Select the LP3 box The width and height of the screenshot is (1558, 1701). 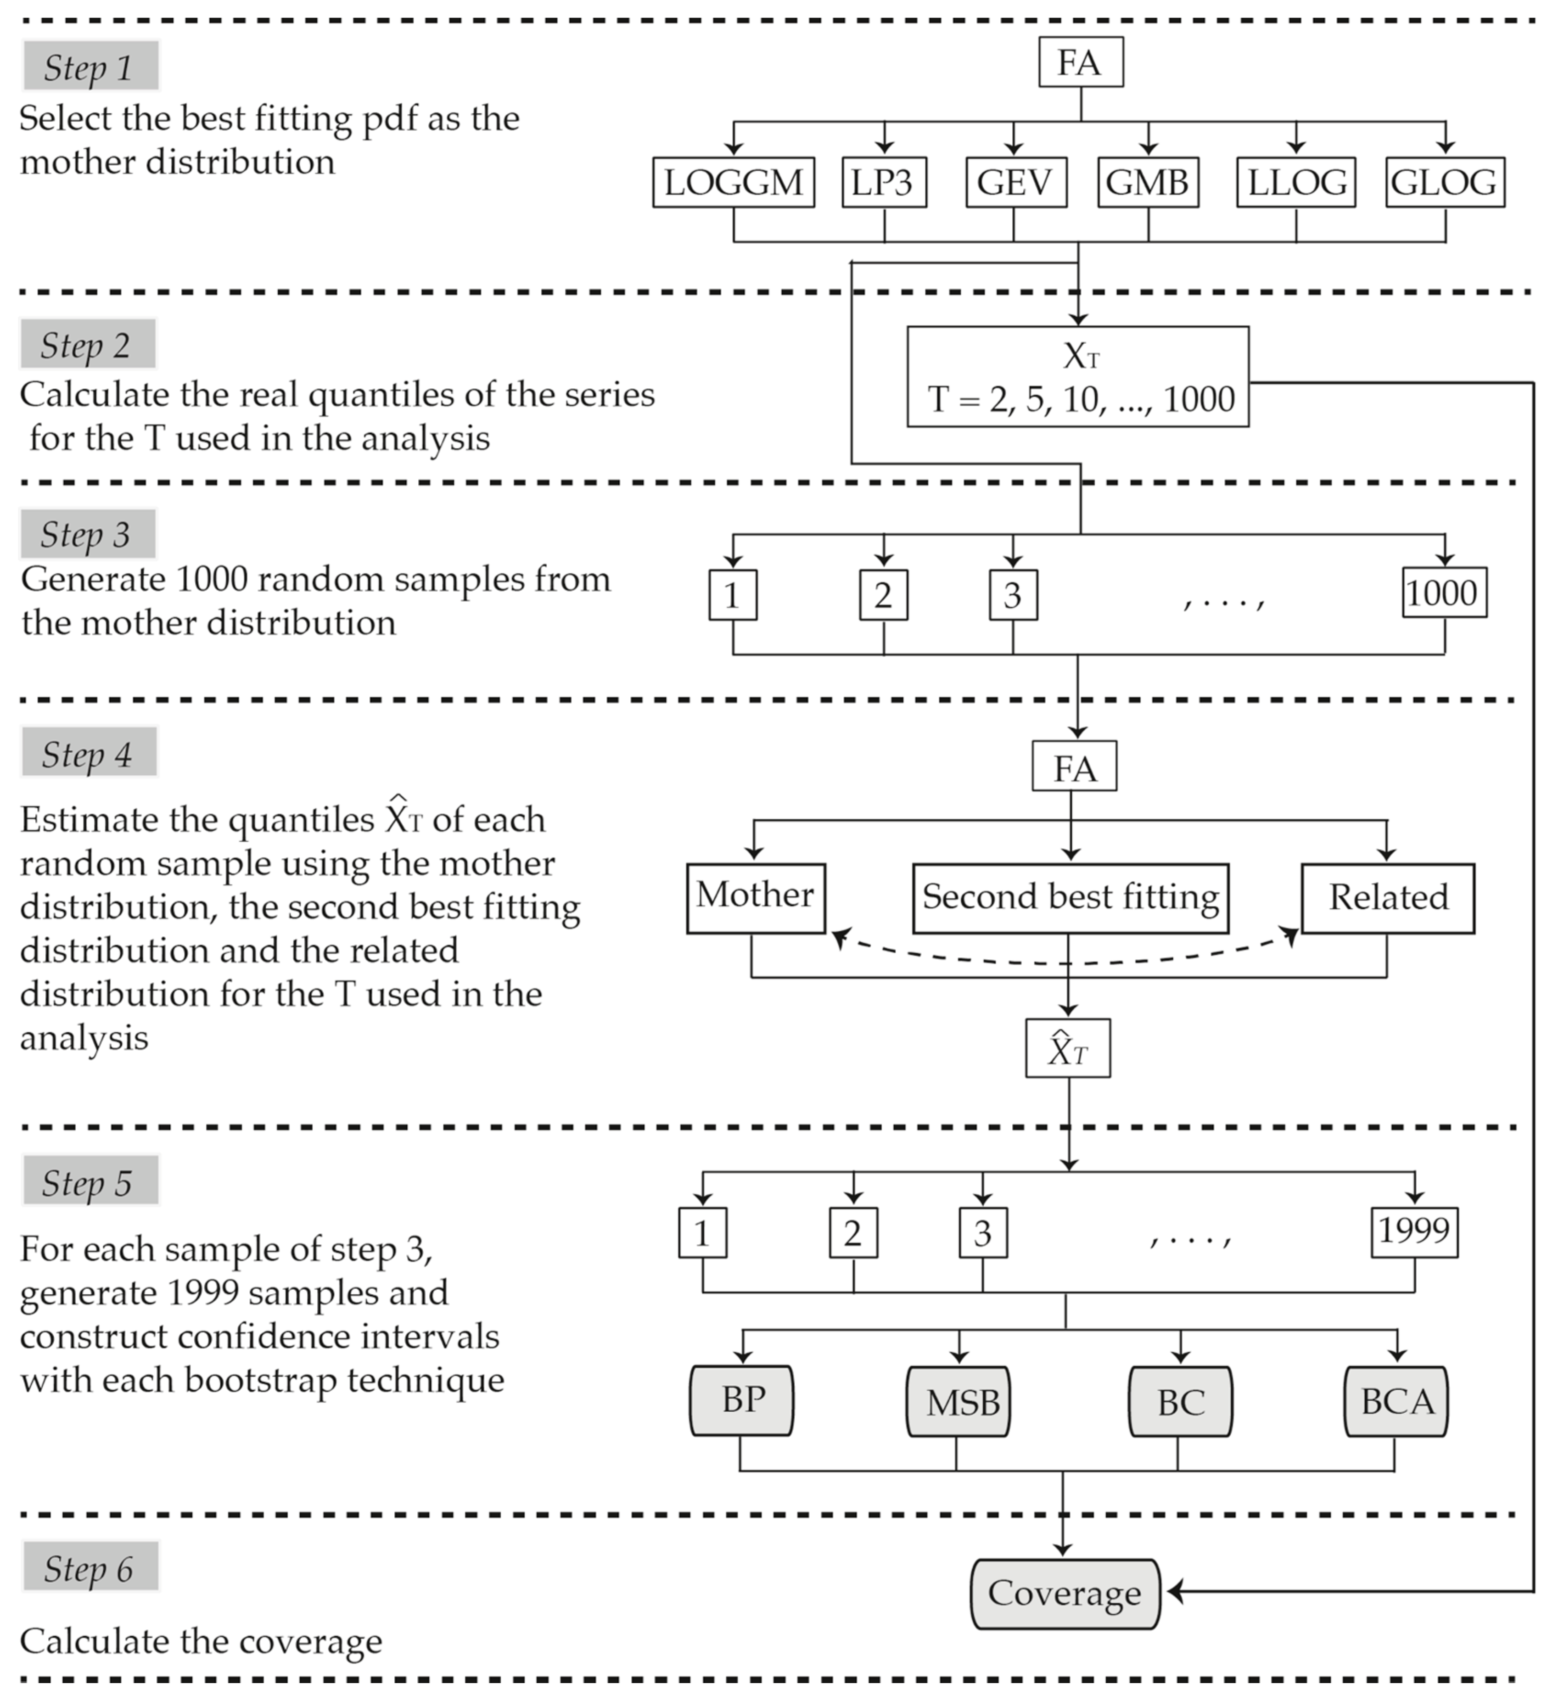[x=884, y=182]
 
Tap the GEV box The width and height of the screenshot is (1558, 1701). [x=1015, y=182]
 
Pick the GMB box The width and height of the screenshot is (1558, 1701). [x=1148, y=182]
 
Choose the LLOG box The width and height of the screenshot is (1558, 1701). [x=1295, y=182]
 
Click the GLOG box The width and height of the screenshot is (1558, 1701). [x=1444, y=182]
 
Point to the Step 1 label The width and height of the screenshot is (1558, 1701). [x=90, y=67]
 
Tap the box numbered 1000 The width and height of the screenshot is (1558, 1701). [x=1443, y=593]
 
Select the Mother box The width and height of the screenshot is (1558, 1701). [x=756, y=897]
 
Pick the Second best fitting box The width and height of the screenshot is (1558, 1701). [x=1070, y=897]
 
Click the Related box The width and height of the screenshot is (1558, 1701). [x=1388, y=897]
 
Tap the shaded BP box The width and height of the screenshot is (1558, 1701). [x=742, y=1401]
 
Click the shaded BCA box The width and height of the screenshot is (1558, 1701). [x=1396, y=1401]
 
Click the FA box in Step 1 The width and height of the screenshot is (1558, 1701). [x=1080, y=62]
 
